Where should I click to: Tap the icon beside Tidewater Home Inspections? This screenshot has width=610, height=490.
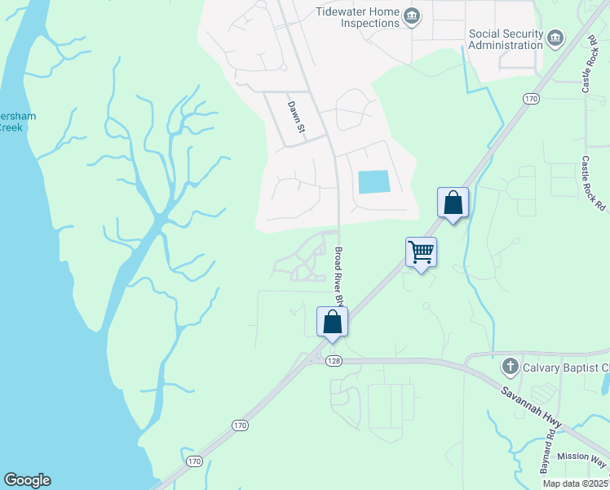[413, 16]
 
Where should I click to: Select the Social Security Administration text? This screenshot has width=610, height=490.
[506, 39]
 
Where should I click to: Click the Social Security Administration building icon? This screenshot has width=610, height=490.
[556, 38]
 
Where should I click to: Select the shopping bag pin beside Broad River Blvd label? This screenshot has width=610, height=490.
[332, 321]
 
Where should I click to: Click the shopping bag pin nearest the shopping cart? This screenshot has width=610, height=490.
[453, 203]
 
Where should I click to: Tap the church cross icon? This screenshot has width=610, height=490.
[511, 366]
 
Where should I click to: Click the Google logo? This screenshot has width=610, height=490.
[27, 480]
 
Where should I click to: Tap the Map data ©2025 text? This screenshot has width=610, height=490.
[575, 483]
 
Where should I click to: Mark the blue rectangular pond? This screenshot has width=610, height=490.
[374, 181]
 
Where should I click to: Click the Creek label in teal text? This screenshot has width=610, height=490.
[10, 127]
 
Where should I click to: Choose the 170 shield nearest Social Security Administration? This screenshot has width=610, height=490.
[532, 99]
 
